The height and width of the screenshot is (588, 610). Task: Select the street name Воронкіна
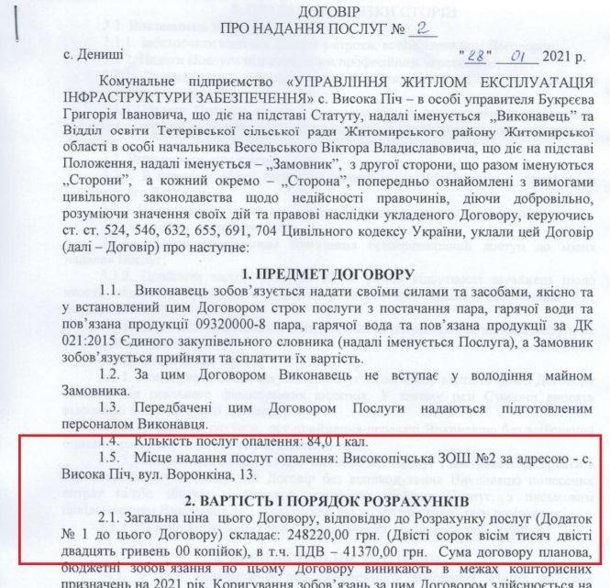206,478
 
